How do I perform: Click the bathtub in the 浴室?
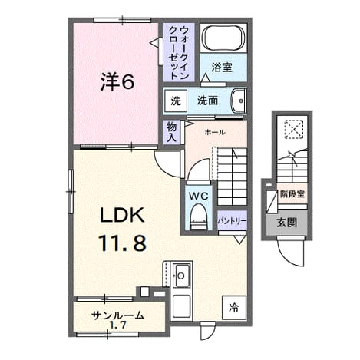223,38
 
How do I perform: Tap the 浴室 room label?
222,67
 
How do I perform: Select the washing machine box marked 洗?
176,101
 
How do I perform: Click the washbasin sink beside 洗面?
239,101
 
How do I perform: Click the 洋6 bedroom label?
117,81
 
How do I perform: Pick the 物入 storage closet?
172,132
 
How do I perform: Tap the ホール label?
215,132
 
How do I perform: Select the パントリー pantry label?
232,220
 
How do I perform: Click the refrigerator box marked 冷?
234,307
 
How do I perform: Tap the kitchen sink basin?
181,276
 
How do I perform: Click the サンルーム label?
118,315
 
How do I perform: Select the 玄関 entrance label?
287,223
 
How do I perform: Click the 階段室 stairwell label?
292,193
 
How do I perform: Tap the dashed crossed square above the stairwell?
293,129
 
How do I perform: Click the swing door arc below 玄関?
289,259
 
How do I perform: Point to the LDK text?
122,215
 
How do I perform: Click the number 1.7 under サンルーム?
117,325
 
